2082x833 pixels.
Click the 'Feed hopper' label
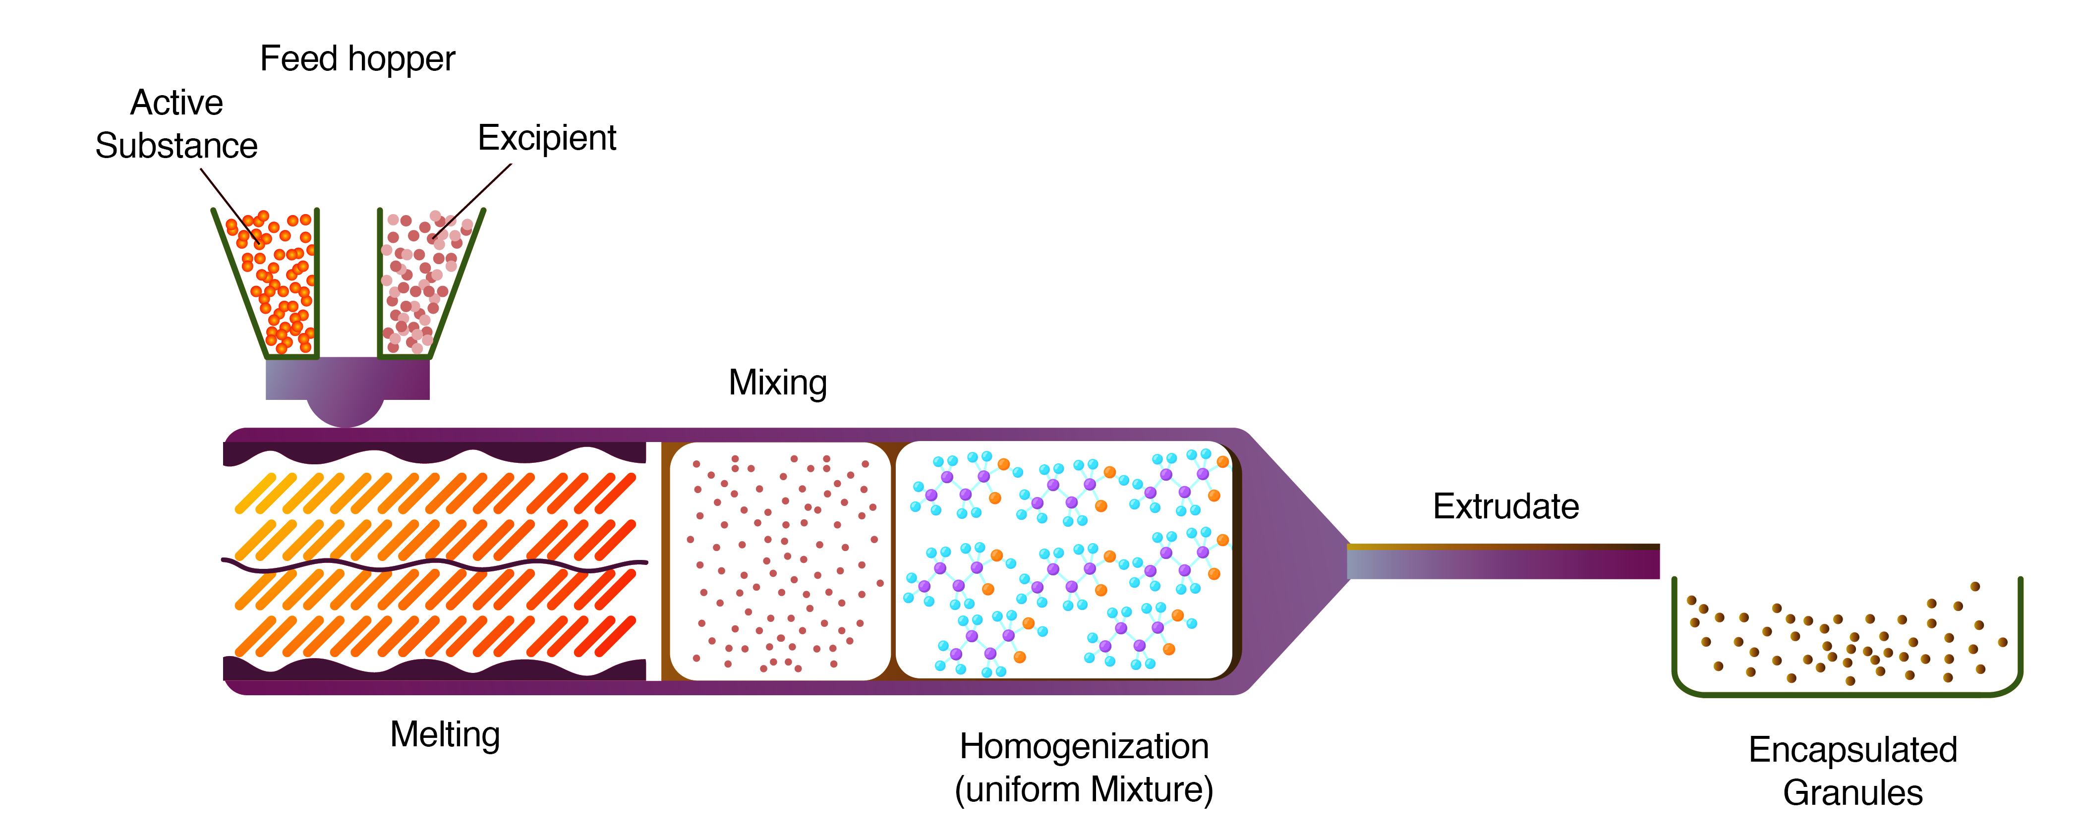coord(357,59)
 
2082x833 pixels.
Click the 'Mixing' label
coord(777,383)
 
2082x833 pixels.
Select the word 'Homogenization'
coord(1084,747)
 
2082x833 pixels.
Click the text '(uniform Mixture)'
coord(1084,789)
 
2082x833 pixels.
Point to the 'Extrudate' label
coord(1506,506)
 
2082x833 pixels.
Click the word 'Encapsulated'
coord(1852,750)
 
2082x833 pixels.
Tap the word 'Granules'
coord(1852,792)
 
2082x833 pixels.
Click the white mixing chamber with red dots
coord(780,561)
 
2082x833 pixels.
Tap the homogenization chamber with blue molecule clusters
coord(1064,561)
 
